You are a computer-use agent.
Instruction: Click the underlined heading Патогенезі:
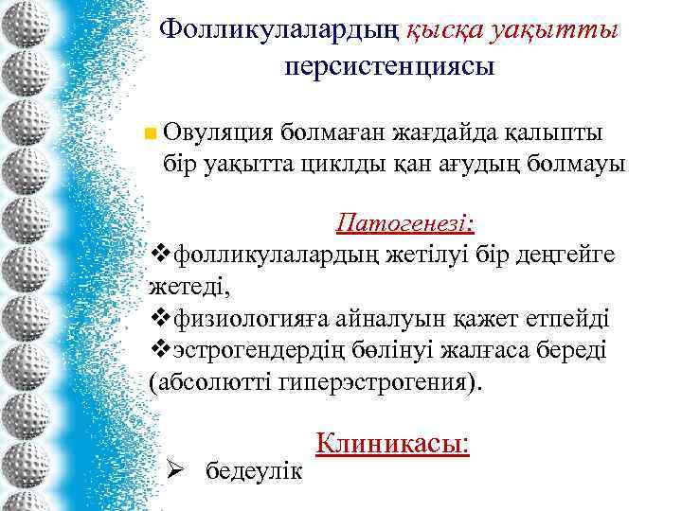pos(405,224)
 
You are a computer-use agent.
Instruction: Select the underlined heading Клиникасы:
pos(392,443)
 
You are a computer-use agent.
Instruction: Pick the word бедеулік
pos(255,469)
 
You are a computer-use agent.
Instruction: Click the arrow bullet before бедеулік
pos(173,469)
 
